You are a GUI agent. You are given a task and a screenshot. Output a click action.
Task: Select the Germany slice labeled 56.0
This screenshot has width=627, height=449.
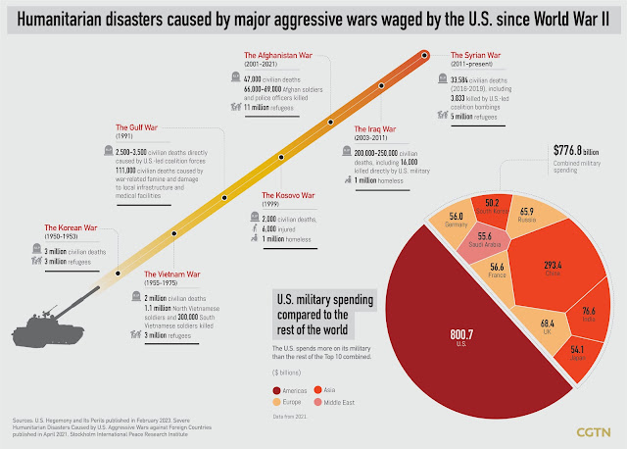(x=456, y=219)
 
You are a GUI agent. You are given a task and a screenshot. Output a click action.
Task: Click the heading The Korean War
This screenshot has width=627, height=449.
(x=69, y=228)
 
